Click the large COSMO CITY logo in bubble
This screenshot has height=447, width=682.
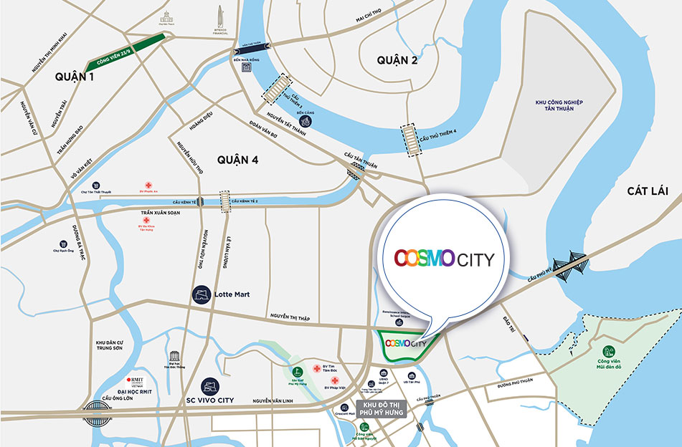(444, 259)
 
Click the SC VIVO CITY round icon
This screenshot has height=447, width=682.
(210, 384)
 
